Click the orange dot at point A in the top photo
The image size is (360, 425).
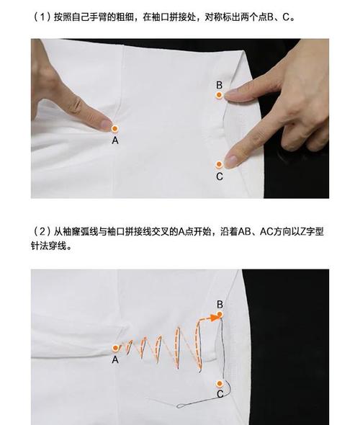115,128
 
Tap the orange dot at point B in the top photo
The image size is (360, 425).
219,95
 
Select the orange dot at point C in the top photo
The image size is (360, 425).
219,164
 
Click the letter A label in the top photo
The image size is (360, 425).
115,140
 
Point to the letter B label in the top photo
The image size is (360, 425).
219,85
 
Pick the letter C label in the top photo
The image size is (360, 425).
220,176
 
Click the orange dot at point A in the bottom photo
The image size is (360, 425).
116,348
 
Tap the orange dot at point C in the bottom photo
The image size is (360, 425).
220,383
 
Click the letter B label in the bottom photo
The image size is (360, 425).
220,304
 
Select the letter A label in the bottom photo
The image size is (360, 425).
115,359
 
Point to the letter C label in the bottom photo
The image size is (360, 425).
220,394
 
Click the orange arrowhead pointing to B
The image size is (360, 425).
215,317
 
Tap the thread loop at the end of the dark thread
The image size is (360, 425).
181,406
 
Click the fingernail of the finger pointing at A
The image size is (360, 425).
105,125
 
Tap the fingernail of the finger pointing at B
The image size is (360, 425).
231,92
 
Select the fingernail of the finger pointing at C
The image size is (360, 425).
230,161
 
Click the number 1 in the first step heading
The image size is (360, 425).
42,17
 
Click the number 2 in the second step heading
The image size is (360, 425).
42,232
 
